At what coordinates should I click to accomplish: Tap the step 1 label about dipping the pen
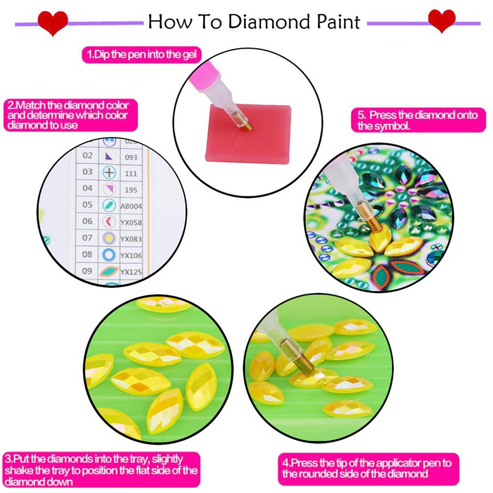click(x=141, y=54)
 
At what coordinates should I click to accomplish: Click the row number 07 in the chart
click(x=87, y=238)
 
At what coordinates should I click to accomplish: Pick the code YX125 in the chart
click(x=131, y=271)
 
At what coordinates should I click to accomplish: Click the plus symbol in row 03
click(x=109, y=173)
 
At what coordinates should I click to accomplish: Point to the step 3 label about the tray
click(x=101, y=470)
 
